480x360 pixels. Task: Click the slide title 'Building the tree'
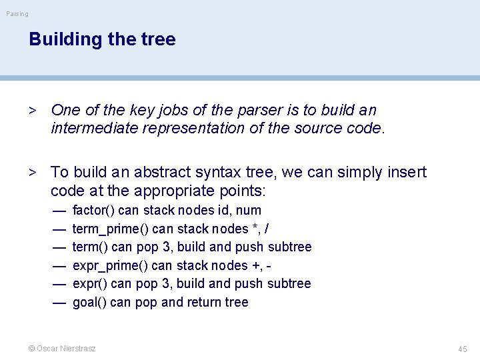pos(102,39)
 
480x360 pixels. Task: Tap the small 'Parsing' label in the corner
pos(17,13)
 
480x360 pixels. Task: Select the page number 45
pos(463,349)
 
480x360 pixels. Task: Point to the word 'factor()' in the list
pos(93,211)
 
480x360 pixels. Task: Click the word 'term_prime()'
pos(110,229)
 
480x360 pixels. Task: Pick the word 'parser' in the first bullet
pos(225,110)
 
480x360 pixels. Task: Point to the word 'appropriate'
pos(168,191)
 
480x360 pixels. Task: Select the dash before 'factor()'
pos(59,211)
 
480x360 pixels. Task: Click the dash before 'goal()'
pos(59,303)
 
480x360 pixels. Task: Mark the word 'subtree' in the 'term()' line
pos(289,247)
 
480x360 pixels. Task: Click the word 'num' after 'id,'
pos(249,211)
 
